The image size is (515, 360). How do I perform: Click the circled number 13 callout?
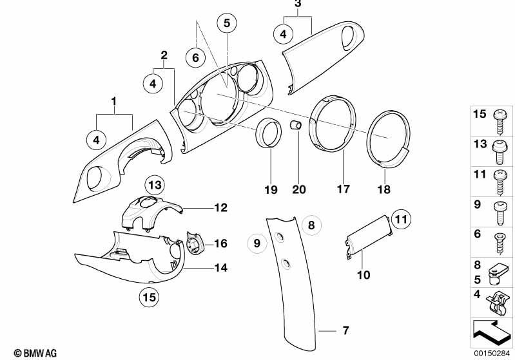click(153, 185)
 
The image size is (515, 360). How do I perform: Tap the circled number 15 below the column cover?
click(150, 298)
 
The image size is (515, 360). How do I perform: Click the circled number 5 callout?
click(226, 23)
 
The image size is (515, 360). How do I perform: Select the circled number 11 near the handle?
click(401, 220)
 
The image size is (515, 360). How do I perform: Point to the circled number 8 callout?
click(311, 225)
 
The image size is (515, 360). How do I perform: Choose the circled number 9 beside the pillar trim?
click(257, 243)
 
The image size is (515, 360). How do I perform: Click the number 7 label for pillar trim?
click(345, 331)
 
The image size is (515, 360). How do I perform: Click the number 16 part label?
click(221, 243)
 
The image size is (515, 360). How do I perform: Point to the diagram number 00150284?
click(492, 352)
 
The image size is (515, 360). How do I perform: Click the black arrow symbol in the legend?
click(492, 332)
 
